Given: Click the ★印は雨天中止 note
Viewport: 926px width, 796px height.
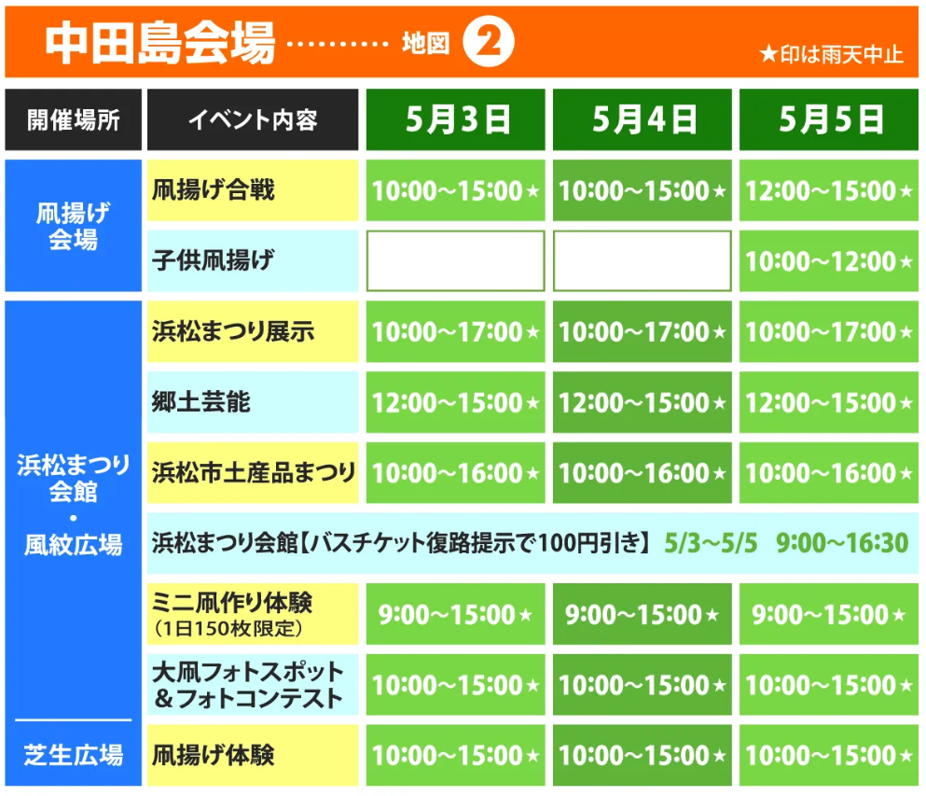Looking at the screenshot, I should coord(831,54).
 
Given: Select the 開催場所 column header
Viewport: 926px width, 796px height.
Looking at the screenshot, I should coord(74,119).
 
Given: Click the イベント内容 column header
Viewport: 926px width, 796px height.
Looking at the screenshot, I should coord(253,119).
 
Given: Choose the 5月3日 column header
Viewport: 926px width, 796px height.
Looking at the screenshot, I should coord(456,119).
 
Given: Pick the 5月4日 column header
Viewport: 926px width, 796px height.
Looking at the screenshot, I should coord(643,119).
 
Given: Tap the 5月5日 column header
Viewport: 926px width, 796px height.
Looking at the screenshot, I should coord(829,119).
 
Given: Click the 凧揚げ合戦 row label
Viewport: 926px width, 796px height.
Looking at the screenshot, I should coord(214,190).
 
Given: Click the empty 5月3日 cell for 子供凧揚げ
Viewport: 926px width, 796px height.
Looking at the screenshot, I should coord(456,261).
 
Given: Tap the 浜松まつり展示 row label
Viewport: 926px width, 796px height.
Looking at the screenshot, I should coord(233,331).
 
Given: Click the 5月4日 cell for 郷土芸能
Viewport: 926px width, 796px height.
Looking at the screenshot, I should coord(643,402).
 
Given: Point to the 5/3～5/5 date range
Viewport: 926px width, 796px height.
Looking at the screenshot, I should coord(712,542).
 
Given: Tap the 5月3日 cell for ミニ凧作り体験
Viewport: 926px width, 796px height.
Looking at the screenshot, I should coord(456,614).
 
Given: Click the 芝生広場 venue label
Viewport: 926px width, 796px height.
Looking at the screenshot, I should coord(74,754).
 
